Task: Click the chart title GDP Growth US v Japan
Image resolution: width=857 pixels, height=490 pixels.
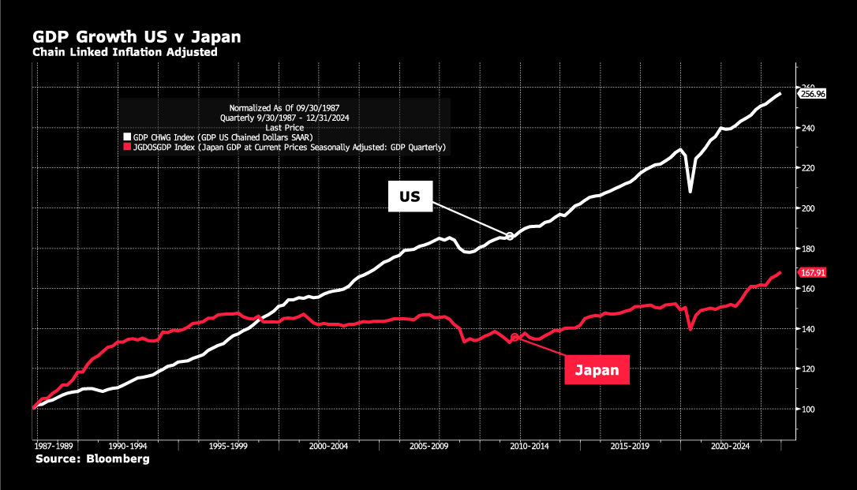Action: pos(137,36)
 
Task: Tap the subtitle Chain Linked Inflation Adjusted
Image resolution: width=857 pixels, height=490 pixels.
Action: pos(125,52)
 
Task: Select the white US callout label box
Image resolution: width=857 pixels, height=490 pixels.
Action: pos(410,196)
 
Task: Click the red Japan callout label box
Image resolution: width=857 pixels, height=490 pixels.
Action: pos(597,370)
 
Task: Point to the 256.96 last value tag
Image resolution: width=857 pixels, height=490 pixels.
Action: pos(813,94)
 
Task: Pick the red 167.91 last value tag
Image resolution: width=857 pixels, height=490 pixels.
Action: pos(813,272)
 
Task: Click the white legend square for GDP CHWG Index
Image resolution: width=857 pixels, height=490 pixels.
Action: pos(127,137)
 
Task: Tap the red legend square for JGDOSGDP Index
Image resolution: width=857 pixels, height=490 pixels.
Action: pos(127,147)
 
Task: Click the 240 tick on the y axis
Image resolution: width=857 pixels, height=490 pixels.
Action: pos(808,128)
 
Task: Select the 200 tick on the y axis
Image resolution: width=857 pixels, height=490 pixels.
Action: pos(808,208)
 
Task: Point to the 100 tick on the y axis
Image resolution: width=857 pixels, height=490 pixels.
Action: pos(808,410)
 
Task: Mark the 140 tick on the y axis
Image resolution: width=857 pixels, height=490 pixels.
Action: pos(808,329)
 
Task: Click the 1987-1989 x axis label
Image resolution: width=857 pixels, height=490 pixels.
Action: pos(54,446)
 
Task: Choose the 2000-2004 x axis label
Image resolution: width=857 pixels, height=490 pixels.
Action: pos(328,446)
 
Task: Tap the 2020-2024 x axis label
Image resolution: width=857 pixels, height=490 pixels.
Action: pos(731,446)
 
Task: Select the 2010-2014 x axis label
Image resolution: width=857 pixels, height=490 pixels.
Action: pos(530,446)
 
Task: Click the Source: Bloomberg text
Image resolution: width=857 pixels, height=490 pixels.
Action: pos(92,459)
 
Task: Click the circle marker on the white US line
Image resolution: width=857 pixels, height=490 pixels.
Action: pos(510,237)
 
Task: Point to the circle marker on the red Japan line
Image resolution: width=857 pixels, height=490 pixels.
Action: pos(515,338)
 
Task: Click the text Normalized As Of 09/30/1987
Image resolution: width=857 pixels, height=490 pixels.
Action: pos(285,108)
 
